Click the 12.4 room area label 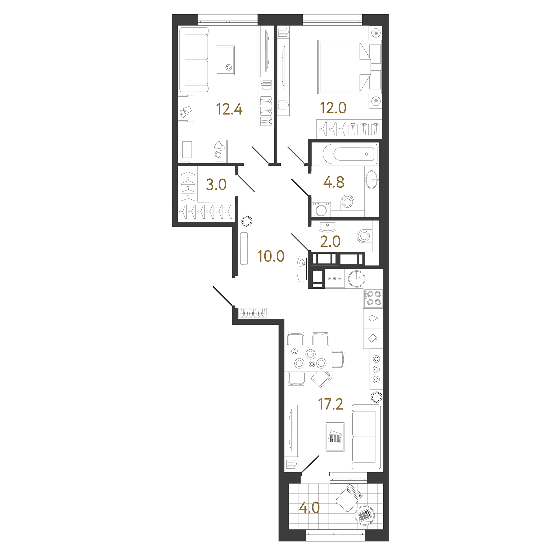(x=229, y=109)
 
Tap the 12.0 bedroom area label (x=333, y=108)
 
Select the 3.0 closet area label (x=216, y=184)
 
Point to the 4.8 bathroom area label (x=334, y=182)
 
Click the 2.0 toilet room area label (x=330, y=241)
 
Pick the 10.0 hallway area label (x=271, y=256)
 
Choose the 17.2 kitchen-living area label (x=331, y=404)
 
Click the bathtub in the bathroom (x=350, y=154)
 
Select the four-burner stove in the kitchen (x=373, y=298)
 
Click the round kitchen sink (x=357, y=279)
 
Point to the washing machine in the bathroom (x=321, y=209)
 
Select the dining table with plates (x=308, y=359)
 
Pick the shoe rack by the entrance (x=253, y=312)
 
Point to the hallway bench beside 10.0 (x=244, y=248)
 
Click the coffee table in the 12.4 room (x=225, y=60)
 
